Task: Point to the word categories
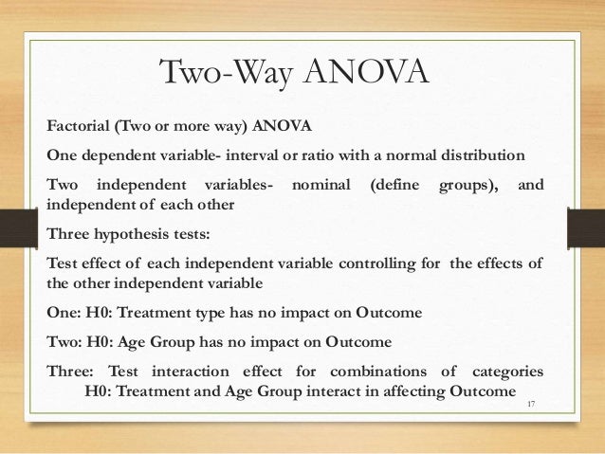[x=509, y=370]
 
